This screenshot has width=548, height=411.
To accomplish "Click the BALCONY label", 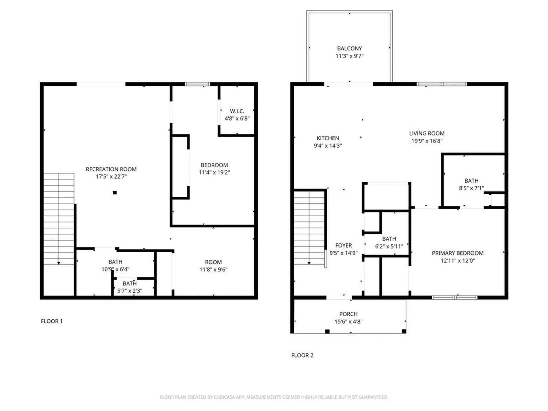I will point(349,49).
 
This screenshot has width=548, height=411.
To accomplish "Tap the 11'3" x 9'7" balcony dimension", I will point(349,56).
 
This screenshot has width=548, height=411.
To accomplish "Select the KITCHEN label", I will point(328,138).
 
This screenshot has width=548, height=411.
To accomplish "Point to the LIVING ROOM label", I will point(427,133).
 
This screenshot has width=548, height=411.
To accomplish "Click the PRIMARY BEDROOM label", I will point(458,253).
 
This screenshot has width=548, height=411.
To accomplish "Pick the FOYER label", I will point(343,245).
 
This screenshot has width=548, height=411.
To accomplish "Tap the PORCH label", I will point(348,314).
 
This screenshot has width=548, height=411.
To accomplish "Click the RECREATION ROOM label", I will point(111,169).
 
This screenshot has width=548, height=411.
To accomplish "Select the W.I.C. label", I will point(237,111).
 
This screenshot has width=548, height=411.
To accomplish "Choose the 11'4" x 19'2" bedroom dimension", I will point(214,172).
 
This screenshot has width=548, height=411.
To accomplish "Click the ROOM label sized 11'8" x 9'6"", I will point(213,262).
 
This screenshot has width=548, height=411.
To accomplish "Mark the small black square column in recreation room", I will point(115,193).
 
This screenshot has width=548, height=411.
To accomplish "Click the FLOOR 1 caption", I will point(52,321).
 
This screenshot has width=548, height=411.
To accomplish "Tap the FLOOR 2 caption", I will point(302,355).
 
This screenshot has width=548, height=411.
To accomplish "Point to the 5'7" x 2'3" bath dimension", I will point(130,291).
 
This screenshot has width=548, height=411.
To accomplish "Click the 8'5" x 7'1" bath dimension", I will point(471,188).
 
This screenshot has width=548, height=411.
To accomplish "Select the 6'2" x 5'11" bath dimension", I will point(389,246).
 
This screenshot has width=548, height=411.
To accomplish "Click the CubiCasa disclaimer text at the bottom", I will point(274,397).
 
